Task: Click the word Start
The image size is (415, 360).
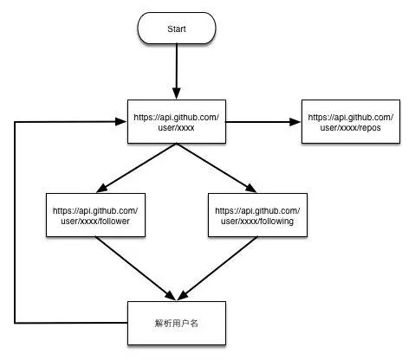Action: coord(177,29)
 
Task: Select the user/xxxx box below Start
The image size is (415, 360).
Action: coord(177,120)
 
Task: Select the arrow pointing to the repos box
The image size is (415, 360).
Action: coord(263,121)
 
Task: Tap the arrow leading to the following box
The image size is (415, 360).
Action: coord(217,168)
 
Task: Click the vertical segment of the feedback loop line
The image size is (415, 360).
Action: coord(16,221)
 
